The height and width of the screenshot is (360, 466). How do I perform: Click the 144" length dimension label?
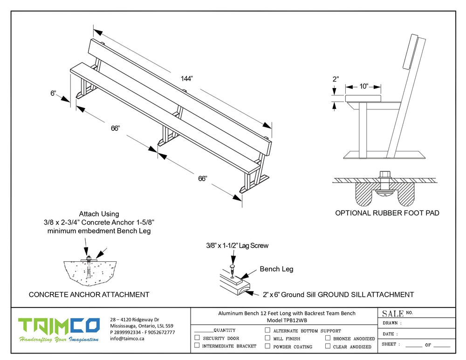click(187, 79)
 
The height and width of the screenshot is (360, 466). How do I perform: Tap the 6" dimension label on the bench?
click(53, 93)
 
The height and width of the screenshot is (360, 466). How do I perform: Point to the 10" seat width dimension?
click(363, 86)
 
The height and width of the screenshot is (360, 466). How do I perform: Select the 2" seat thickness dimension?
click(336, 79)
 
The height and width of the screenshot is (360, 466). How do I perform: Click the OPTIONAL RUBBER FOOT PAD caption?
click(387, 213)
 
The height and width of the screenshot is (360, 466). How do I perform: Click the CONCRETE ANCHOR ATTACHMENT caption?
click(89, 294)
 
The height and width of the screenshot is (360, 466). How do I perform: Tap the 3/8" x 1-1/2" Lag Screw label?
click(238, 245)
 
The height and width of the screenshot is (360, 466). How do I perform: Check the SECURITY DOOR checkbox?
click(197, 338)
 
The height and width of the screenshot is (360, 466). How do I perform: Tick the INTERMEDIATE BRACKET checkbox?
click(197, 346)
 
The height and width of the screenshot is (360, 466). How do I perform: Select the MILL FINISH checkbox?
click(267, 338)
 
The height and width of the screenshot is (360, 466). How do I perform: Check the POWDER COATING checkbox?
click(267, 346)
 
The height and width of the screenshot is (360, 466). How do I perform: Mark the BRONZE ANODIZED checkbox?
click(328, 338)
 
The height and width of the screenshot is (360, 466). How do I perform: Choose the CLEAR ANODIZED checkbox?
click(328, 346)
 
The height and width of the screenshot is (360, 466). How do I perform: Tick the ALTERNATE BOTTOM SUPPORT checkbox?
click(267, 330)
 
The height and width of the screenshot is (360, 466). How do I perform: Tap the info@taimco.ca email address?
click(127, 339)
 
